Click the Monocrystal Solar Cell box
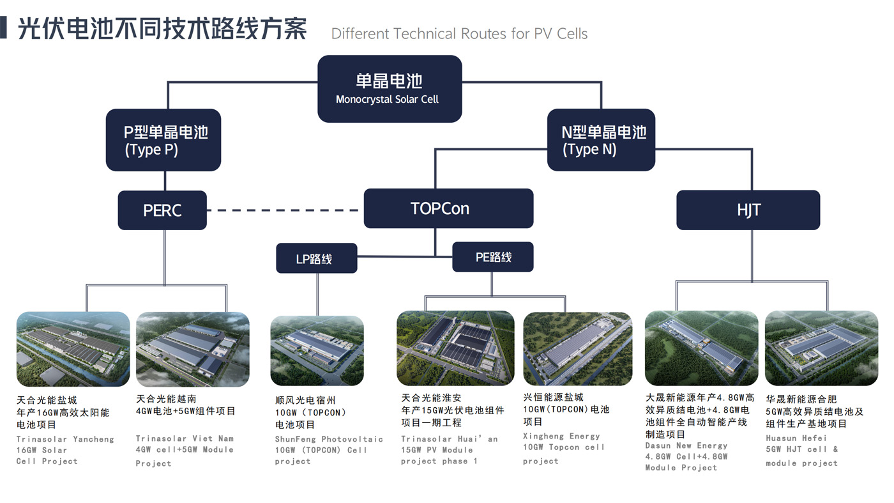point(390,89)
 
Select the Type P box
point(163,140)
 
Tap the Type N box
point(601,140)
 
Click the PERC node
point(162,210)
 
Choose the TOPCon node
point(448,208)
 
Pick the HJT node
point(748,210)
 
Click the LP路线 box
point(316,258)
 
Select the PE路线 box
point(492,257)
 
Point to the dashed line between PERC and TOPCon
point(285,210)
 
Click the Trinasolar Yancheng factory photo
point(73,349)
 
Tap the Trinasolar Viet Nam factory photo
point(193,349)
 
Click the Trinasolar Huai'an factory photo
point(455,348)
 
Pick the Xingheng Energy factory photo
point(578,348)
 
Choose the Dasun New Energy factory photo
point(701,348)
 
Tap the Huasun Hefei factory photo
point(821,348)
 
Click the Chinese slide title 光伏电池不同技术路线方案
point(162,29)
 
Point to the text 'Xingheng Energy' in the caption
point(561,436)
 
